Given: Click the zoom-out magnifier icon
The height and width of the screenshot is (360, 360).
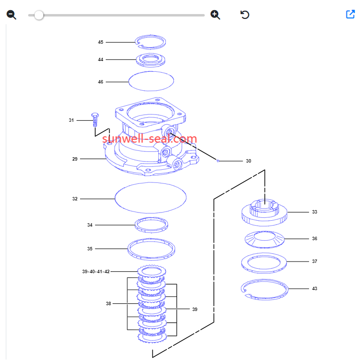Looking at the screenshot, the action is tap(11, 15).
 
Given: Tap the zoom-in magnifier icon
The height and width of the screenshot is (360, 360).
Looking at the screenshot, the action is tap(215, 15).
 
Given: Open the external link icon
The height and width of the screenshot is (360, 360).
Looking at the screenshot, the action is tap(350, 14).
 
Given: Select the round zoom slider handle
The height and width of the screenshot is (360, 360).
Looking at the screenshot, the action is tap(39, 16).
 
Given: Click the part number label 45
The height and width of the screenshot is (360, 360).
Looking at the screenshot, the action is tap(100, 42).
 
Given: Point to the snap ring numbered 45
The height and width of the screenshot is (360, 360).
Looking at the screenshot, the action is tap(150, 35).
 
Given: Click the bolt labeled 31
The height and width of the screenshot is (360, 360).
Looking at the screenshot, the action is tap(95, 119).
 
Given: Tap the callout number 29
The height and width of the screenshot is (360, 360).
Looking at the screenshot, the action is tap(75, 159).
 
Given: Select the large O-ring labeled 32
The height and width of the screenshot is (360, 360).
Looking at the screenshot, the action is tap(150, 182).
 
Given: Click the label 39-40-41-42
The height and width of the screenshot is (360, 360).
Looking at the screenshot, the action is tap(96, 272).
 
